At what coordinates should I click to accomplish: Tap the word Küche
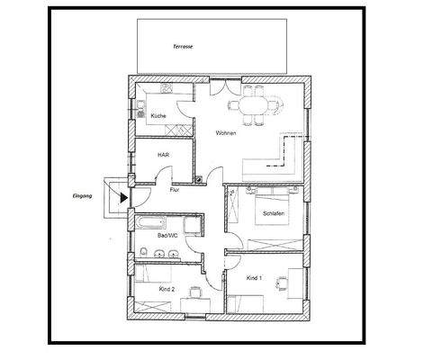(x=158, y=116)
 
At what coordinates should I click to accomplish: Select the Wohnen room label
(x=226, y=133)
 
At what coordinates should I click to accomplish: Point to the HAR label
(x=163, y=154)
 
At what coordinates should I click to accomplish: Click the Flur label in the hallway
(x=174, y=189)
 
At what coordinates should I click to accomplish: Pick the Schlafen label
(x=274, y=213)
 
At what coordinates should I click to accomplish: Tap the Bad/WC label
(x=168, y=236)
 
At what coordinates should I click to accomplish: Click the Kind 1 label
(x=254, y=278)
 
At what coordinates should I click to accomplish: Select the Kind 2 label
(x=166, y=289)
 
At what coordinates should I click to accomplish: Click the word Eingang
(x=83, y=193)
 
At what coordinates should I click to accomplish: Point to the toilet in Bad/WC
(x=145, y=249)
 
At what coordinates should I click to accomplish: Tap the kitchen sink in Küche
(x=144, y=108)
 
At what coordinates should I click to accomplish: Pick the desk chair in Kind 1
(x=283, y=285)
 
